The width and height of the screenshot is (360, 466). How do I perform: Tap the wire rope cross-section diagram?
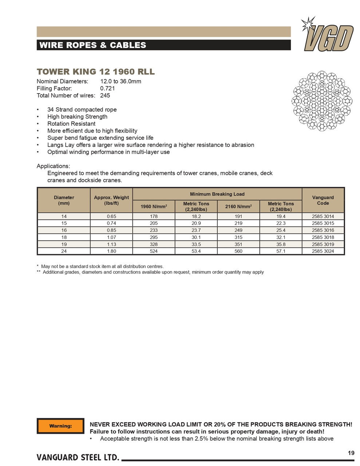pyautogui.click(x=322, y=101)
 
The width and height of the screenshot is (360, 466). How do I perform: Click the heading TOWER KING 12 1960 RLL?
pyautogui.click(x=96, y=72)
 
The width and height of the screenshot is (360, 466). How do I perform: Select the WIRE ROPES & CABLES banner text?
pyautogui.click(x=92, y=45)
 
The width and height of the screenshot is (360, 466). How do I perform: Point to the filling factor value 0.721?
pyautogui.click(x=107, y=88)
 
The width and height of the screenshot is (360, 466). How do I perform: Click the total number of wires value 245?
pyautogui.click(x=105, y=95)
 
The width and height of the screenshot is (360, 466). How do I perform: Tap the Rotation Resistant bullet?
pyautogui.click(x=71, y=124)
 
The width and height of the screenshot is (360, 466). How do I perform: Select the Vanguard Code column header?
pyautogui.click(x=323, y=200)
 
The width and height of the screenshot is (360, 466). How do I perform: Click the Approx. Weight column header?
pyautogui.click(x=111, y=200)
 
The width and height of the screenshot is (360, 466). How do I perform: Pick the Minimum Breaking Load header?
pyautogui.click(x=217, y=194)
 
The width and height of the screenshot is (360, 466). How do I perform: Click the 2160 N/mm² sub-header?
pyautogui.click(x=238, y=206)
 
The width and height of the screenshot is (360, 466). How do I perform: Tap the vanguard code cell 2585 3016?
pyautogui.click(x=323, y=230)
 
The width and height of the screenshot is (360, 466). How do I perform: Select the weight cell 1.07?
pyautogui.click(x=111, y=237)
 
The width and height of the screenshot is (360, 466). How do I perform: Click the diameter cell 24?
pyautogui.click(x=64, y=251)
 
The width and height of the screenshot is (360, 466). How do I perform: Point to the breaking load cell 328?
pyautogui.click(x=154, y=244)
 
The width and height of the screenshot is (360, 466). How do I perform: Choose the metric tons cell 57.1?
pyautogui.click(x=281, y=251)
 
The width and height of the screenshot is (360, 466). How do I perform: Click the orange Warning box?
pyautogui.click(x=60, y=426)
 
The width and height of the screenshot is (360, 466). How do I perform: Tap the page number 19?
pyautogui.click(x=351, y=453)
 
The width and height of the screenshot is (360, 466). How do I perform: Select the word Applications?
pyautogui.click(x=53, y=166)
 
